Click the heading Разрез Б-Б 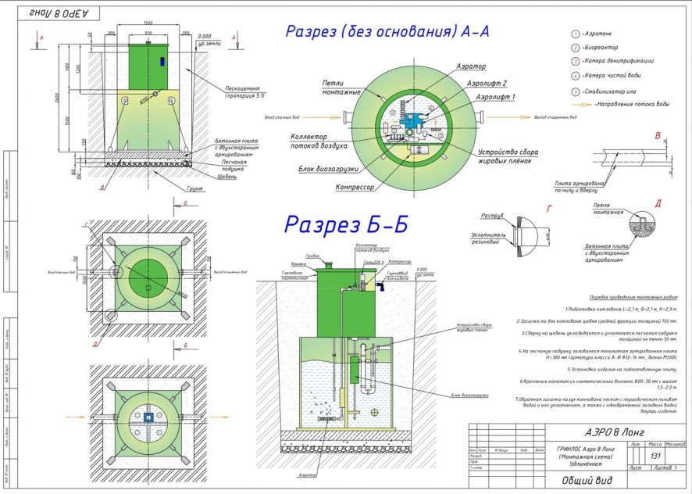pyautogui.click(x=346, y=224)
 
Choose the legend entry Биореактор pyautogui.click(x=600, y=48)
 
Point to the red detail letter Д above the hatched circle pyautogui.click(x=658, y=204)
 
